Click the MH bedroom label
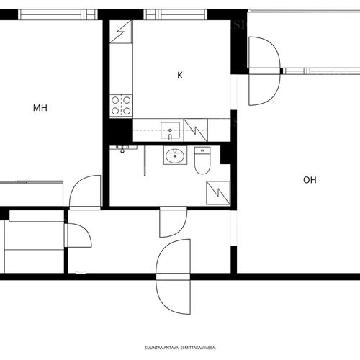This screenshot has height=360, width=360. click(x=40, y=108)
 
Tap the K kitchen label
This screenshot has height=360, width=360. click(x=180, y=76)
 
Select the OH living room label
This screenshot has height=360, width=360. click(x=310, y=180)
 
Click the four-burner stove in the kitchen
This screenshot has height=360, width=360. click(x=121, y=106)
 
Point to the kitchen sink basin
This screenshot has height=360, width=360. click(x=170, y=130)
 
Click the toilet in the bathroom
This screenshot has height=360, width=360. click(x=202, y=161)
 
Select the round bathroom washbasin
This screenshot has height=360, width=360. click(x=175, y=156)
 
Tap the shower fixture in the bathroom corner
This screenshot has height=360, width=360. click(x=122, y=149)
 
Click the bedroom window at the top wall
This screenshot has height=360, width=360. click(x=58, y=14)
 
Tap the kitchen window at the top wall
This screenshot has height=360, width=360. click(x=175, y=14)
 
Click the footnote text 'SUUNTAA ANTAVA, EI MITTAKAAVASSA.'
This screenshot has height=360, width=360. click(x=180, y=348)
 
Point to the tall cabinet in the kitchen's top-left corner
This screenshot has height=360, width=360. click(x=121, y=32)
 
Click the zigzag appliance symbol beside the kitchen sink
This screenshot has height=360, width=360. click(x=195, y=130)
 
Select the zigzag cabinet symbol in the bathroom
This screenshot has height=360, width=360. click(x=218, y=193)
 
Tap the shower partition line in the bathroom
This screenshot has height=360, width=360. click(x=145, y=161)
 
